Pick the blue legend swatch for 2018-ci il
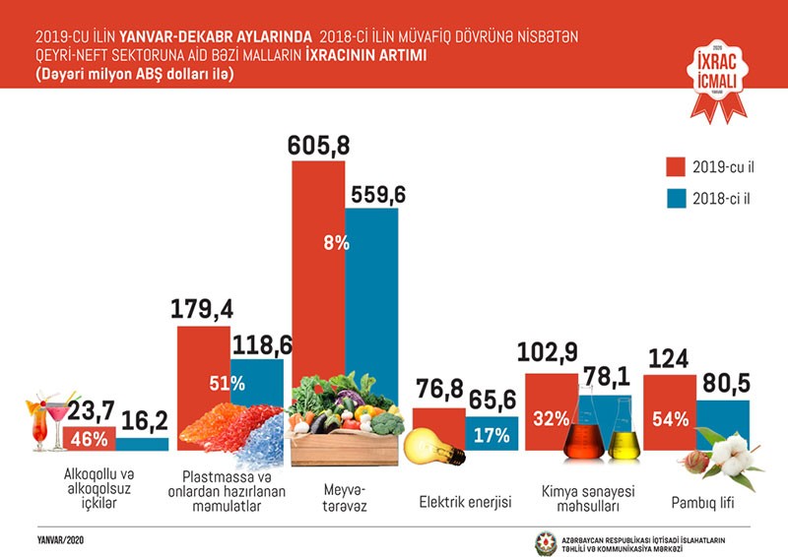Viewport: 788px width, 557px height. (676, 200)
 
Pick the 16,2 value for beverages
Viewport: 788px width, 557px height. (144, 421)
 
